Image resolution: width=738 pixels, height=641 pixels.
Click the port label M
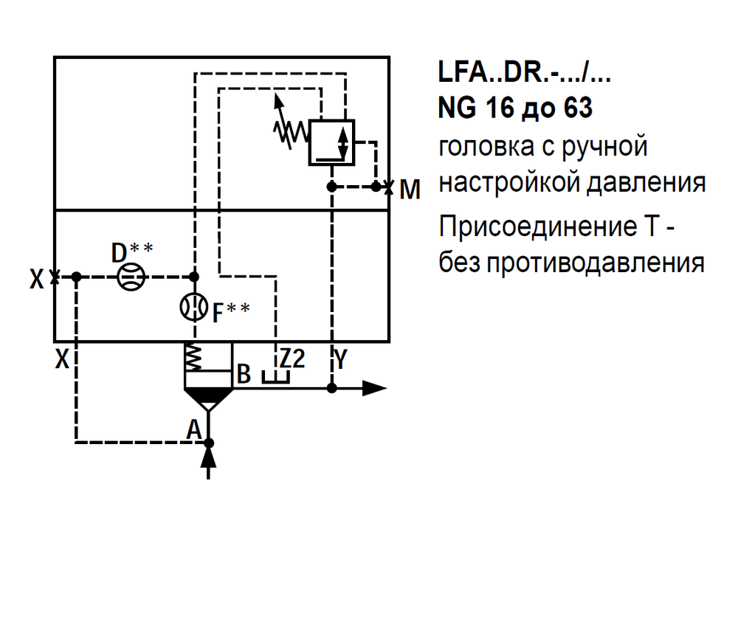tap(410, 190)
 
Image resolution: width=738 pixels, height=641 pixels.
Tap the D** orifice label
tap(132, 252)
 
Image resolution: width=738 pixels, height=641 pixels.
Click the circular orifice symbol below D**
tap(132, 277)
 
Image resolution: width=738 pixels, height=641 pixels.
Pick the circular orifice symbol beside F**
tap(194, 307)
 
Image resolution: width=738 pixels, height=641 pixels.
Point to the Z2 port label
tap(292, 359)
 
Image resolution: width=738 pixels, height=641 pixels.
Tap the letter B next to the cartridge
tap(244, 374)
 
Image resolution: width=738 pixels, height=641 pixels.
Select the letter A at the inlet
tap(194, 429)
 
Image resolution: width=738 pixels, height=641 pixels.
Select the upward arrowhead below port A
tap(209, 458)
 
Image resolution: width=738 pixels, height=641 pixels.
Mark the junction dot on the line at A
tap(209, 443)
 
